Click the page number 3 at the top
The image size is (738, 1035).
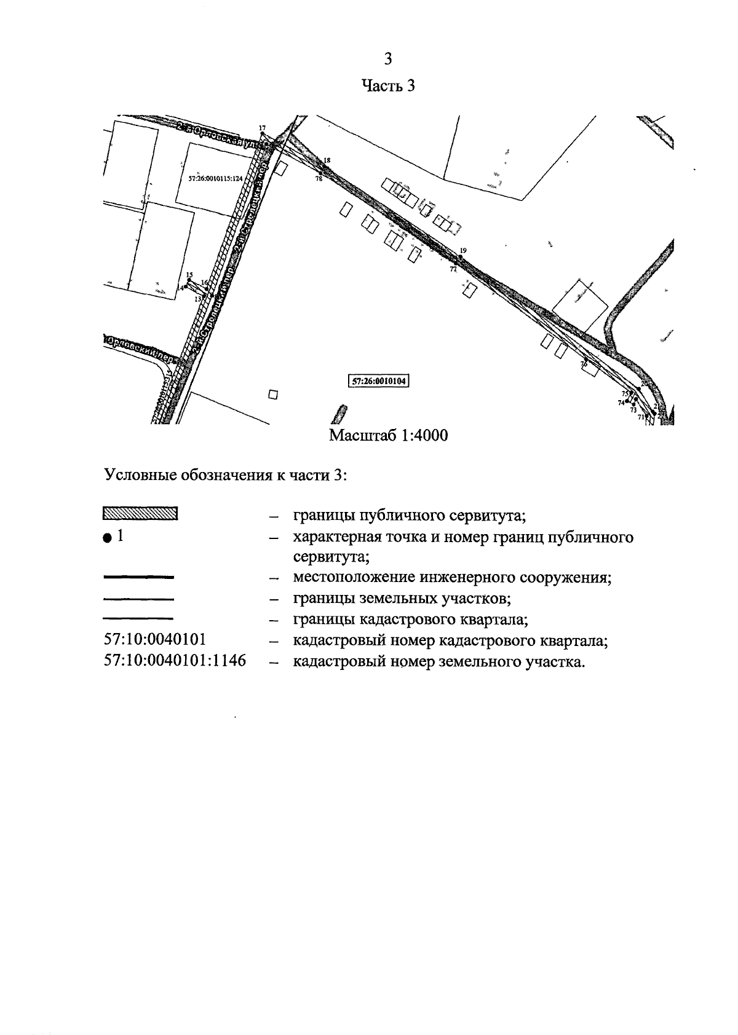pos(387,59)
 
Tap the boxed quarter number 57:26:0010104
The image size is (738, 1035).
pos(379,381)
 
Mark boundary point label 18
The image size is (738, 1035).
pos(327,160)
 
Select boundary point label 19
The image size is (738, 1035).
pos(463,250)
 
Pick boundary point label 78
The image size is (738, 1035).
pos(319,179)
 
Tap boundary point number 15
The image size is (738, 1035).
pos(189,275)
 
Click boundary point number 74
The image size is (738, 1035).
pos(621,403)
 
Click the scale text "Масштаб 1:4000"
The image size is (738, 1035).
pos(389,436)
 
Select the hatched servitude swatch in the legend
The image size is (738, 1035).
pos(140,513)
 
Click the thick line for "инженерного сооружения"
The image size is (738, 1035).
pos(139,577)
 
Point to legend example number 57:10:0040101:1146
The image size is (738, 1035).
pos(175,661)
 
